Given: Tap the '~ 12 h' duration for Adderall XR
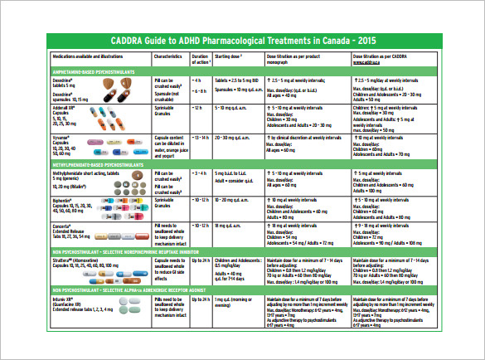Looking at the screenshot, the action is coord(200,108).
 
